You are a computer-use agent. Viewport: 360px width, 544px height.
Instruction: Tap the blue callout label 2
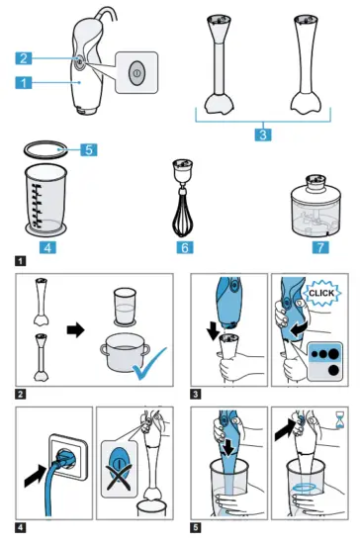coord(30,59)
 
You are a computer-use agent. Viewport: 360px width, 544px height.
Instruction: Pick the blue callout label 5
coord(88,150)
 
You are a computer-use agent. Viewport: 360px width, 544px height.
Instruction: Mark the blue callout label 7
coord(318,243)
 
